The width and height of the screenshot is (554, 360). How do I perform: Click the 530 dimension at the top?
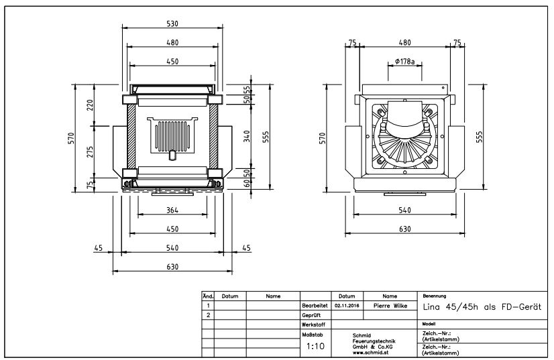[x=172, y=24]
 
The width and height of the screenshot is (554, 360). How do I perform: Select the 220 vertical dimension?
[x=89, y=105]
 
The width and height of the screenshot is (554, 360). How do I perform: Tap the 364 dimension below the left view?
[x=172, y=211]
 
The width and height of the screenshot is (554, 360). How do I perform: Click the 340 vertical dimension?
[x=247, y=136]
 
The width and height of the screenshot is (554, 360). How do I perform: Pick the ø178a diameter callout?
[x=404, y=61]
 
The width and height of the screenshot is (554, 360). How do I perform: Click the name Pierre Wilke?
[x=390, y=305]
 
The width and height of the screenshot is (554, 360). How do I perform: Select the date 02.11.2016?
[x=347, y=305]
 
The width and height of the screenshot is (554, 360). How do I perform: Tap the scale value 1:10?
[x=315, y=347]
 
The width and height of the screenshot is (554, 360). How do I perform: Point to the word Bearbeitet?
[x=314, y=305]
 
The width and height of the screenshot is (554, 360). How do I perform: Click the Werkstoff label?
[x=313, y=324]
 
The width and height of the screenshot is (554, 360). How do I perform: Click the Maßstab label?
[x=311, y=333]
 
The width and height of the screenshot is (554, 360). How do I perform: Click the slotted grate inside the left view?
[x=172, y=137]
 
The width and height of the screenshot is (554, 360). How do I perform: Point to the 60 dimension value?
[x=246, y=182]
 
